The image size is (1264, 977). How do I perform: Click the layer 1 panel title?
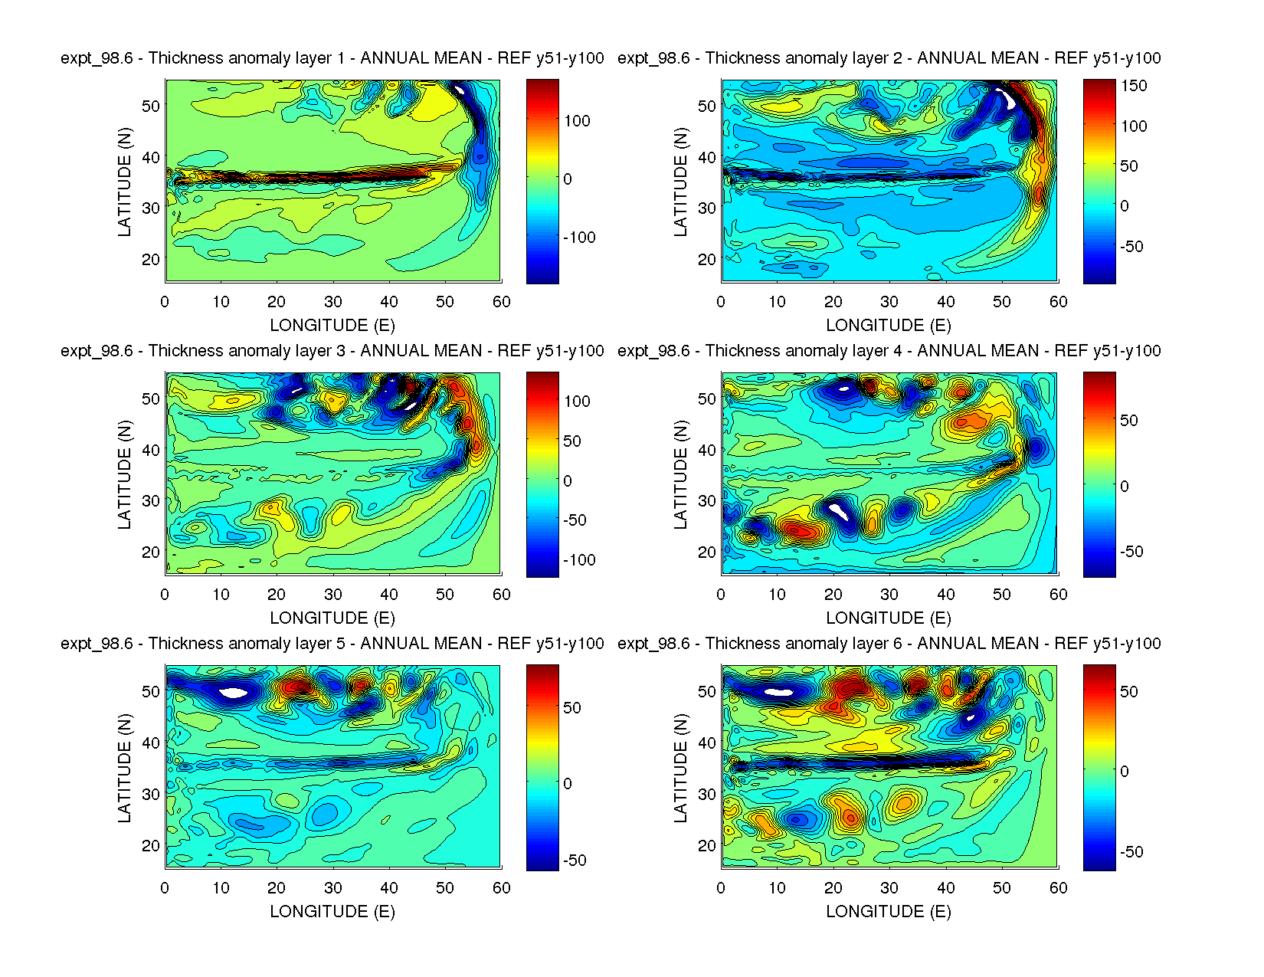point(332,58)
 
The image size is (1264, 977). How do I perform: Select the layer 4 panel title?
point(889,351)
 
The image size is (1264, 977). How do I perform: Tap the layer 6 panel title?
point(889,644)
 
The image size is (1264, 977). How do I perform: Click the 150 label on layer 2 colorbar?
point(1134,86)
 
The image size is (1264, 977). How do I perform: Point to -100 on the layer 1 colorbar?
point(579,238)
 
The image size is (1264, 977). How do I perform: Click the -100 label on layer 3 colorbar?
point(579,560)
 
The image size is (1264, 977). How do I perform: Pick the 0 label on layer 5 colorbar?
point(568,784)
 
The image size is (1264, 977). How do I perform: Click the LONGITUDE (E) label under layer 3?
point(332,618)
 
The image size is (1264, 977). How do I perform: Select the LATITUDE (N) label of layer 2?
point(680,182)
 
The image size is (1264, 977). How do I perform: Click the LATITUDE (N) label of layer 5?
point(124,768)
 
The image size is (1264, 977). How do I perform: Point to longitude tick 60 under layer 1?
point(501,302)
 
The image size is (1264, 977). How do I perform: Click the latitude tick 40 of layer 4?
point(707,450)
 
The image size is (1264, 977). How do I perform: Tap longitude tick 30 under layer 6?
point(889,888)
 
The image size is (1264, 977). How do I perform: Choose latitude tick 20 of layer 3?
point(151,552)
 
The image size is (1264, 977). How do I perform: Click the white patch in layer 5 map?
point(234,693)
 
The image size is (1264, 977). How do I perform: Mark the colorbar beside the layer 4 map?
point(1099,474)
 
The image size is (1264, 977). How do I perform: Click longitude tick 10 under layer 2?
point(777,302)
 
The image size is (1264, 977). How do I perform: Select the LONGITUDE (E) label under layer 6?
point(889,911)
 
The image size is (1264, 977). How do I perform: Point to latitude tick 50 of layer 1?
point(151,106)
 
